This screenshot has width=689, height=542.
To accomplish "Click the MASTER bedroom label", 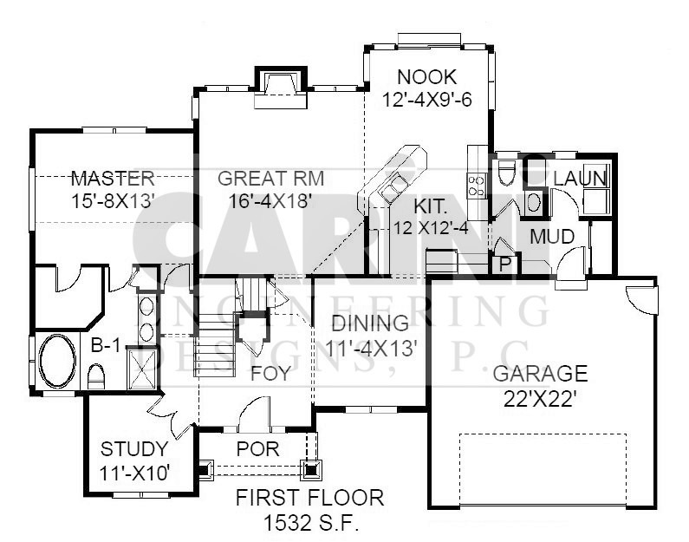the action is click(x=113, y=179).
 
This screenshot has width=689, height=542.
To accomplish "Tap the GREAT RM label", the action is click(x=271, y=179).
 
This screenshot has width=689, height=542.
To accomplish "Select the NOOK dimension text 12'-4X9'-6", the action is click(x=426, y=100).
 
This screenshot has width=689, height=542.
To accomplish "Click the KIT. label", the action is click(x=431, y=206).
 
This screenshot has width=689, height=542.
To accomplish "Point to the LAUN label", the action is click(x=580, y=179).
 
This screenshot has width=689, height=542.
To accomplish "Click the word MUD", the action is click(x=552, y=237).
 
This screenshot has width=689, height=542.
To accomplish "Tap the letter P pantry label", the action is click(x=505, y=264).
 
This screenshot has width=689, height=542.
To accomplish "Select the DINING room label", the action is click(x=370, y=323).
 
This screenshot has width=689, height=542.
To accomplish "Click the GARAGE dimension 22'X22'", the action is click(x=540, y=399).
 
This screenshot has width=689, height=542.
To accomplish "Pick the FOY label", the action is click(x=270, y=374).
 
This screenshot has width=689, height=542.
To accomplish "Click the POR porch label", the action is click(x=258, y=449).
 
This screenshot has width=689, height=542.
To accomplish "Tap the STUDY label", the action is click(x=134, y=449).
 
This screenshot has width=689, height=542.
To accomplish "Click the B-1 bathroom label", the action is click(x=105, y=345).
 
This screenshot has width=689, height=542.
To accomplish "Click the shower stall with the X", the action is click(x=141, y=368).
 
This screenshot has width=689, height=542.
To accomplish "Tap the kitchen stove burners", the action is click(x=477, y=185).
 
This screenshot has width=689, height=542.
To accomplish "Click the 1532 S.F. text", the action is click(x=310, y=523).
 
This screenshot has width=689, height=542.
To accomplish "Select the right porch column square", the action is click(x=311, y=469).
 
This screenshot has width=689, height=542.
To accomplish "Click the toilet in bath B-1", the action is click(x=96, y=376).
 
